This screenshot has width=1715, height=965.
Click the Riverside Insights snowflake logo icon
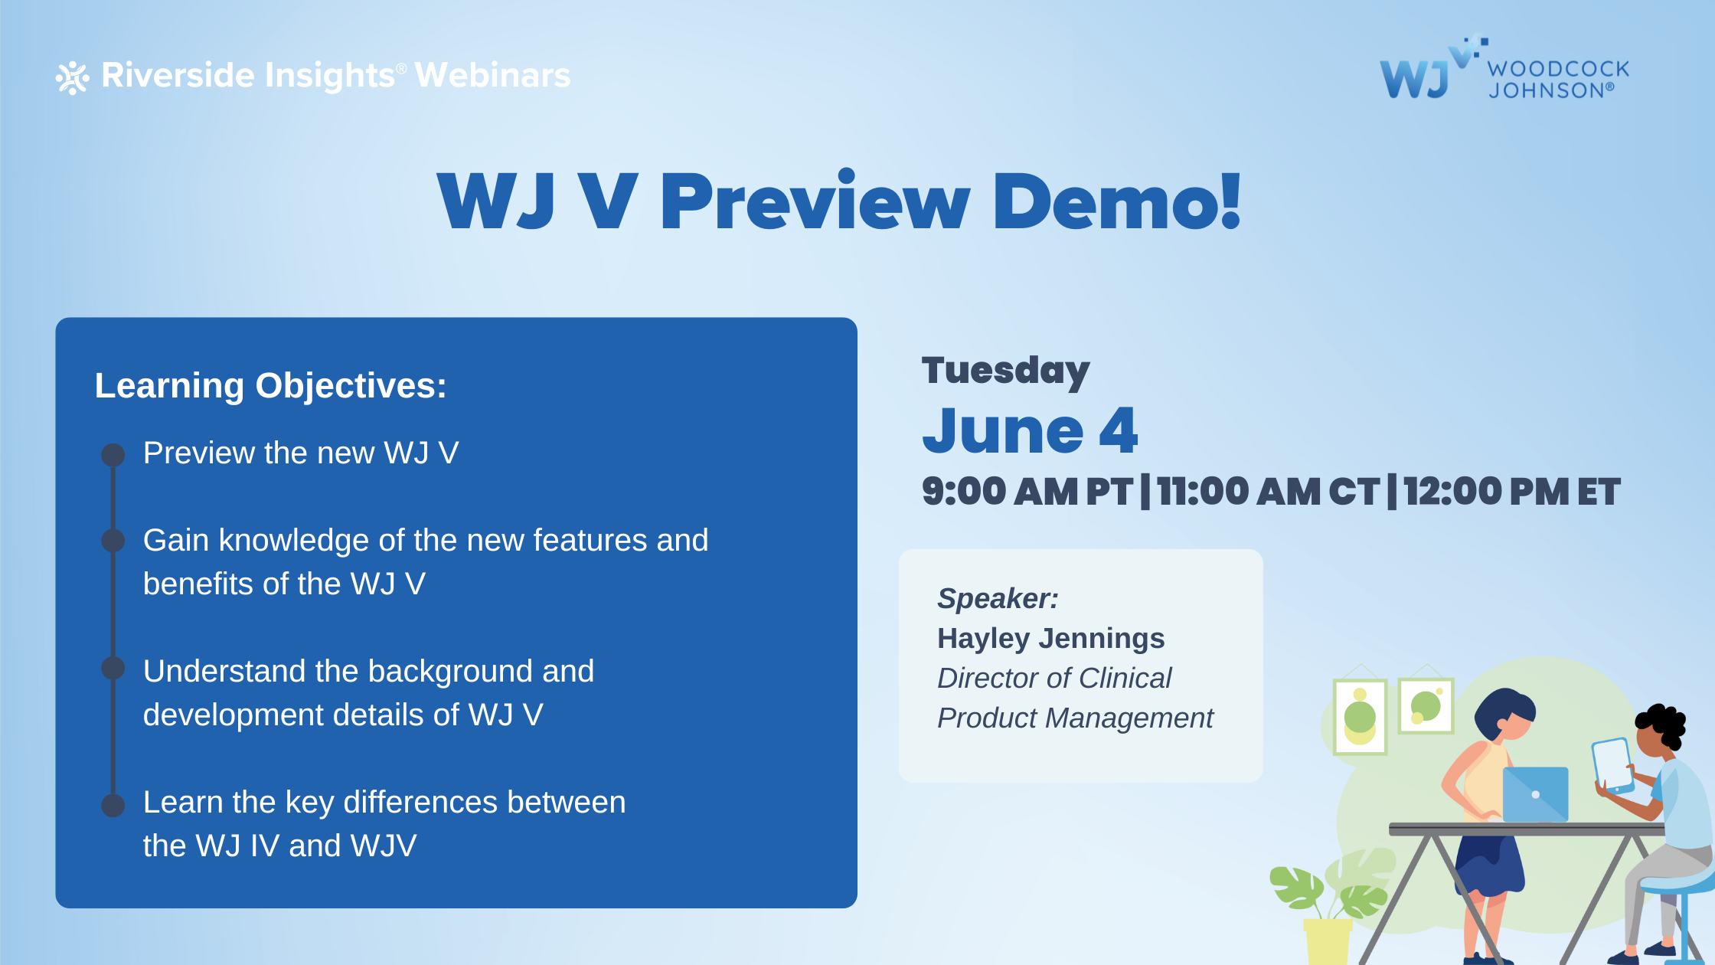click(73, 77)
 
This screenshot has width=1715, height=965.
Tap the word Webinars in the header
click(493, 75)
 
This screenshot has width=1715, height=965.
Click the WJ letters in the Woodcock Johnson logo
click(1414, 79)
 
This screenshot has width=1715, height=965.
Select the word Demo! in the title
click(1117, 201)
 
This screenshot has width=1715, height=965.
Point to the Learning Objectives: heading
click(270, 385)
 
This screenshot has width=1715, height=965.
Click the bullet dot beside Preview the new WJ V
click(113, 455)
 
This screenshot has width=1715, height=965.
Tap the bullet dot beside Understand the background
click(113, 668)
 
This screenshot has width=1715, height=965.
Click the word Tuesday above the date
click(1006, 371)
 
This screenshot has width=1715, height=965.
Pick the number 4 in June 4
click(1119, 430)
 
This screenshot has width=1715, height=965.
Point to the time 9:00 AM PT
click(1027, 492)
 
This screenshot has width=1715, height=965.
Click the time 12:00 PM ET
click(1512, 492)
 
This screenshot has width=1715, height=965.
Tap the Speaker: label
click(998, 598)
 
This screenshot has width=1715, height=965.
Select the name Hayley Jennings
click(1050, 639)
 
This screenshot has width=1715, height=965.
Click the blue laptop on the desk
click(1535, 794)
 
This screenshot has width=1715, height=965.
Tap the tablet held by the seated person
click(1613, 765)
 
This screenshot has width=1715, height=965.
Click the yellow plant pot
click(1328, 941)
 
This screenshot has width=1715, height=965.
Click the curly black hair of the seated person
click(1662, 724)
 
